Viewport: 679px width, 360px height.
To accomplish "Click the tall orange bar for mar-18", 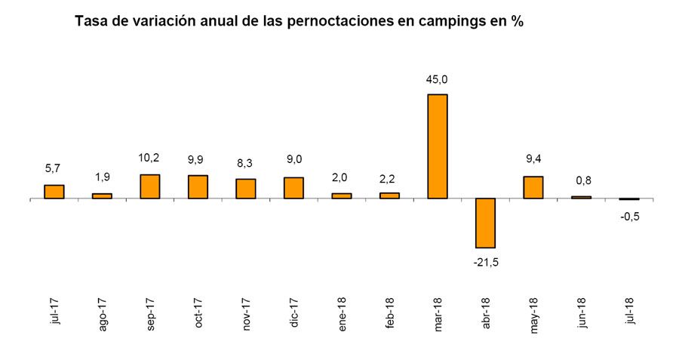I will click(x=438, y=146).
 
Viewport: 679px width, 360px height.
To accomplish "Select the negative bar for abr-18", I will click(x=485, y=223).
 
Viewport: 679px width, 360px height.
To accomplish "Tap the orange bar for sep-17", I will click(x=150, y=186).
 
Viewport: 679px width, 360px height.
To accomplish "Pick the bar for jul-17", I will click(x=54, y=192).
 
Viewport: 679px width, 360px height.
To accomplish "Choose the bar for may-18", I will click(x=533, y=187).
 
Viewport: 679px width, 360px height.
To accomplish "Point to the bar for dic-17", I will click(x=293, y=188).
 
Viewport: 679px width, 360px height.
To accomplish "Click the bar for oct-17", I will click(x=198, y=186).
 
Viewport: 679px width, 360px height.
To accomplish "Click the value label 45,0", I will click(x=438, y=79).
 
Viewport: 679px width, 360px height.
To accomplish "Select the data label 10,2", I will click(x=150, y=159).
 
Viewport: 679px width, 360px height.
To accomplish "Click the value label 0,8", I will click(x=581, y=180).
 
